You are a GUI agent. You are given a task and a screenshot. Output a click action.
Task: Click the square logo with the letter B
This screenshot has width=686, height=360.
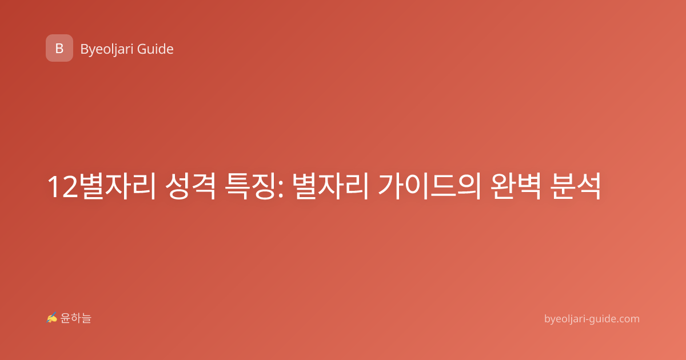(x=59, y=48)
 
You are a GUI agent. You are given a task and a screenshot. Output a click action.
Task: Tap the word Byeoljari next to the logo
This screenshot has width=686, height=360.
(x=107, y=50)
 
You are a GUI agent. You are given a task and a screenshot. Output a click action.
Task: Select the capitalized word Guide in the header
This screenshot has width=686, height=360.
(x=155, y=49)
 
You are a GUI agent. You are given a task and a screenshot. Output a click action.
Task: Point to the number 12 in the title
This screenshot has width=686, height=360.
(x=63, y=187)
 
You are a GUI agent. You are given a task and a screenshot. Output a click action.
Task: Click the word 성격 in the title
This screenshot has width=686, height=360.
(x=190, y=186)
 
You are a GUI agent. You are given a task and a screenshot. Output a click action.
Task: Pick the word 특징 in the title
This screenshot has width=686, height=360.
(x=250, y=186)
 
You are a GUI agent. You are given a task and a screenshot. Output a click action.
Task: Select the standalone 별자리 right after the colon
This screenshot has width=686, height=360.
(x=330, y=186)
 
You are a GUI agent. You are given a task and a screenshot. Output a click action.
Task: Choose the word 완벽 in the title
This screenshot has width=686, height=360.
(x=516, y=186)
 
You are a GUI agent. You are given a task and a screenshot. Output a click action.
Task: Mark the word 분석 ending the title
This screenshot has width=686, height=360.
(x=575, y=186)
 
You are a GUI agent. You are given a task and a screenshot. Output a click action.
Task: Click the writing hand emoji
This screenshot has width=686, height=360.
(x=52, y=318)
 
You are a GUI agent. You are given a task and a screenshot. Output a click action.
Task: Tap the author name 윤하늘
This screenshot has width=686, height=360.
(x=75, y=318)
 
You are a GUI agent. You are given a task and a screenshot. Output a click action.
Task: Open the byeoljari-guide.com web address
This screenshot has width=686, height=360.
(x=592, y=319)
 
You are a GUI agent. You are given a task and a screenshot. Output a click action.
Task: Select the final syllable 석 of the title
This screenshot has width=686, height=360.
(x=589, y=186)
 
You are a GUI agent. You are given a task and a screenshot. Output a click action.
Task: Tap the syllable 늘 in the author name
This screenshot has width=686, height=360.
(x=86, y=318)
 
